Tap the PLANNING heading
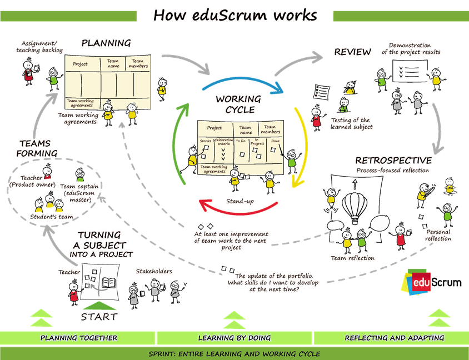[x=106, y=43]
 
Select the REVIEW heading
[x=352, y=52]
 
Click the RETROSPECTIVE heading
[x=393, y=161]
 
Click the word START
[x=99, y=317]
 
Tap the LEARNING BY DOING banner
[x=234, y=338]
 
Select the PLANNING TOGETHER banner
[x=78, y=338]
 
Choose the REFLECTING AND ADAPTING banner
[x=394, y=338]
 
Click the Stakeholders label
[x=154, y=272]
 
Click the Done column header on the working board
[x=276, y=141]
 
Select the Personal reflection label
[x=438, y=235]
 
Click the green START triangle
[x=99, y=305]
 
